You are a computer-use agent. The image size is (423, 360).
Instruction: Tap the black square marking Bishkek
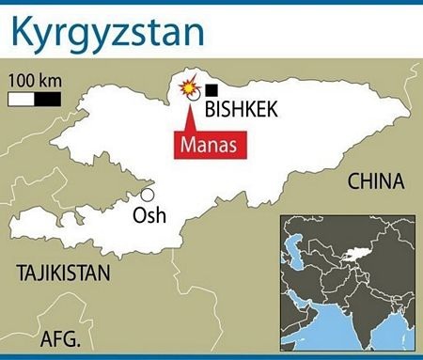coord(211,89)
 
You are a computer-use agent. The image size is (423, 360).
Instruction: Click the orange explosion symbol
coord(189,87)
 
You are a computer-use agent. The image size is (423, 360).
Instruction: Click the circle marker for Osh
coord(148,195)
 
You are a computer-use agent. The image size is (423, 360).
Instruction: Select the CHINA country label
coord(375,181)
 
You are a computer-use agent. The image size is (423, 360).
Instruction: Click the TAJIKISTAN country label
coord(63,274)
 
